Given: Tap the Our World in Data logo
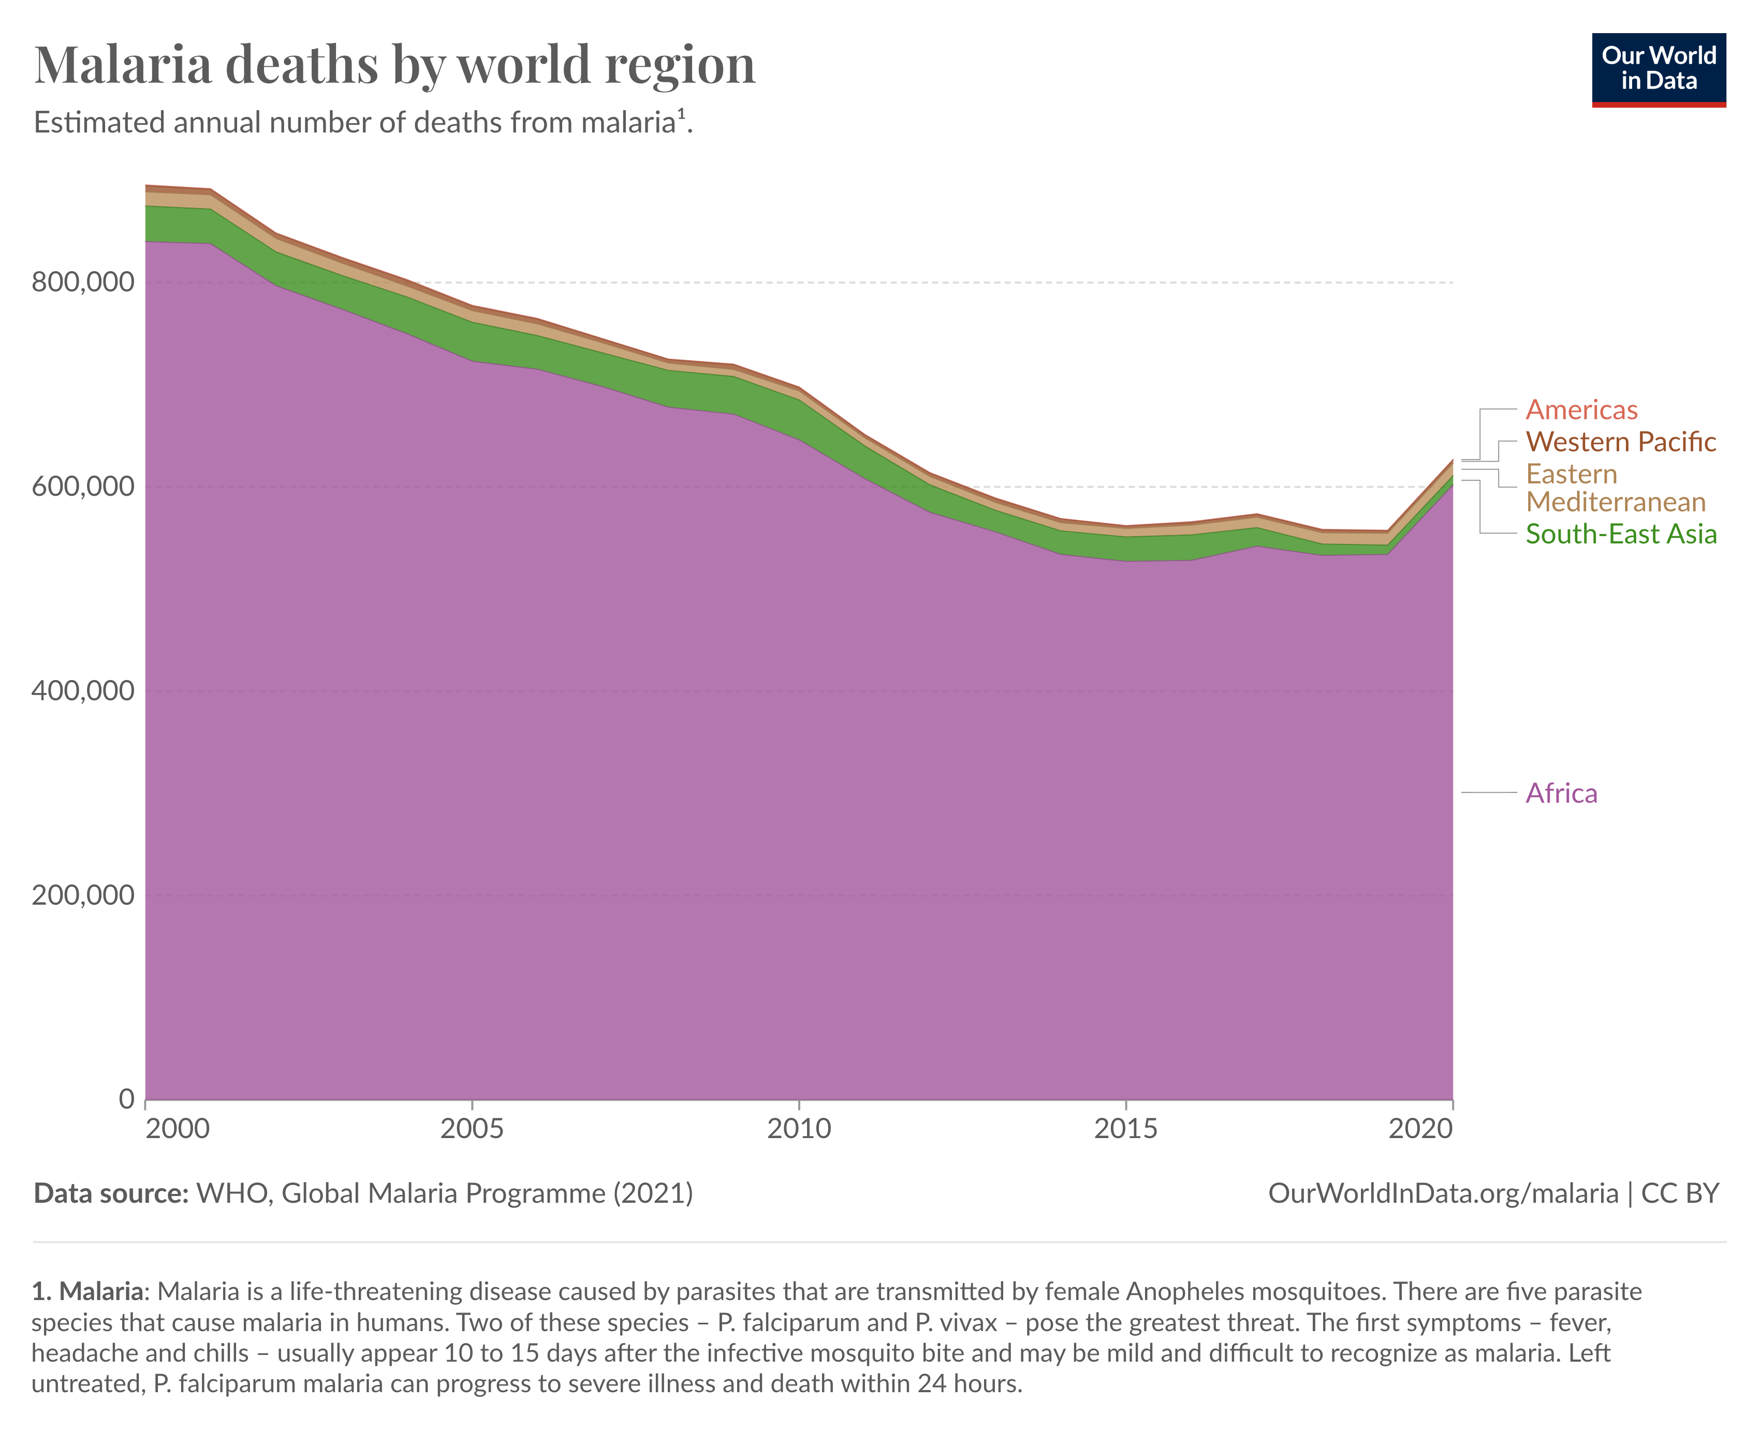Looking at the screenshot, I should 1658,69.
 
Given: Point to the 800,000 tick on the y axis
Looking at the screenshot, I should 82,282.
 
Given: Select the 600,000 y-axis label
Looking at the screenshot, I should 82,486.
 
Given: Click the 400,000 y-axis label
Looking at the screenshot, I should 82,691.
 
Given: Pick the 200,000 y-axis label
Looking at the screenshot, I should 82,895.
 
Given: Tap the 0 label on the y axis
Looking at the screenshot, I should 126,1099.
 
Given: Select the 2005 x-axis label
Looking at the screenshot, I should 472,1128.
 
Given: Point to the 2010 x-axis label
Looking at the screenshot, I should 799,1128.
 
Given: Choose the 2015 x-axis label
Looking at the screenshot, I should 1125,1128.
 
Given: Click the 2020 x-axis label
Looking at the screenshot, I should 1419,1128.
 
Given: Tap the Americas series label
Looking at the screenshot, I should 1581,410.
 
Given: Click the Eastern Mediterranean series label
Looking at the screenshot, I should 1615,488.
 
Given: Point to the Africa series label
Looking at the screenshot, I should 1561,793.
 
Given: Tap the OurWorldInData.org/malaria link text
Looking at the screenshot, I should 1443,1193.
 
